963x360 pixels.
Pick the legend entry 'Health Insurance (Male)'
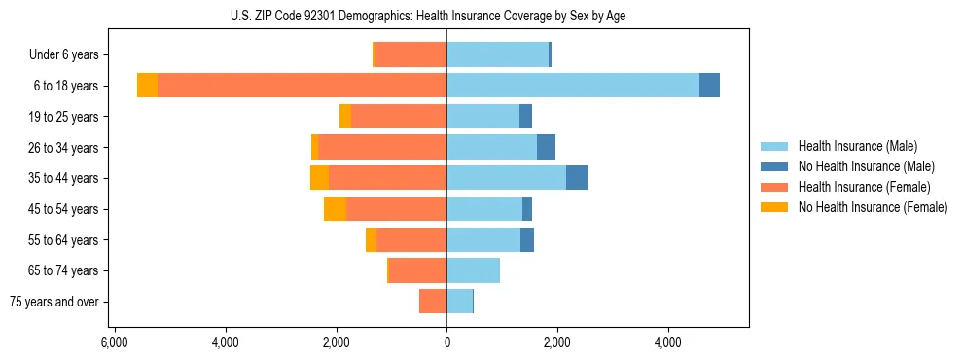pyautogui.click(x=857, y=146)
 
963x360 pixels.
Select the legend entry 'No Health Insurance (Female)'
pyautogui.click(x=873, y=207)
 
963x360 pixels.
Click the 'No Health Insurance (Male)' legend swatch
pyautogui.click(x=775, y=166)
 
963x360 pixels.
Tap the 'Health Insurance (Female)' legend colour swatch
pyautogui.click(x=775, y=187)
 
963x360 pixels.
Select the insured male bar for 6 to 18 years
pyautogui.click(x=572, y=86)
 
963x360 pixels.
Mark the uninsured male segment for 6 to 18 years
pyautogui.click(x=709, y=86)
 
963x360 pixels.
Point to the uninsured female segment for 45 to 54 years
pyautogui.click(x=335, y=209)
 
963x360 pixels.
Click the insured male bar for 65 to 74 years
pyautogui.click(x=473, y=270)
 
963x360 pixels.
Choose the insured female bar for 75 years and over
pyautogui.click(x=433, y=302)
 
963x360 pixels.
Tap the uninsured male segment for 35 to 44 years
pyautogui.click(x=576, y=178)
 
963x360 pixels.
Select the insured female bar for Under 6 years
pyautogui.click(x=410, y=55)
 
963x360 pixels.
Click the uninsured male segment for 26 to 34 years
pyautogui.click(x=546, y=147)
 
